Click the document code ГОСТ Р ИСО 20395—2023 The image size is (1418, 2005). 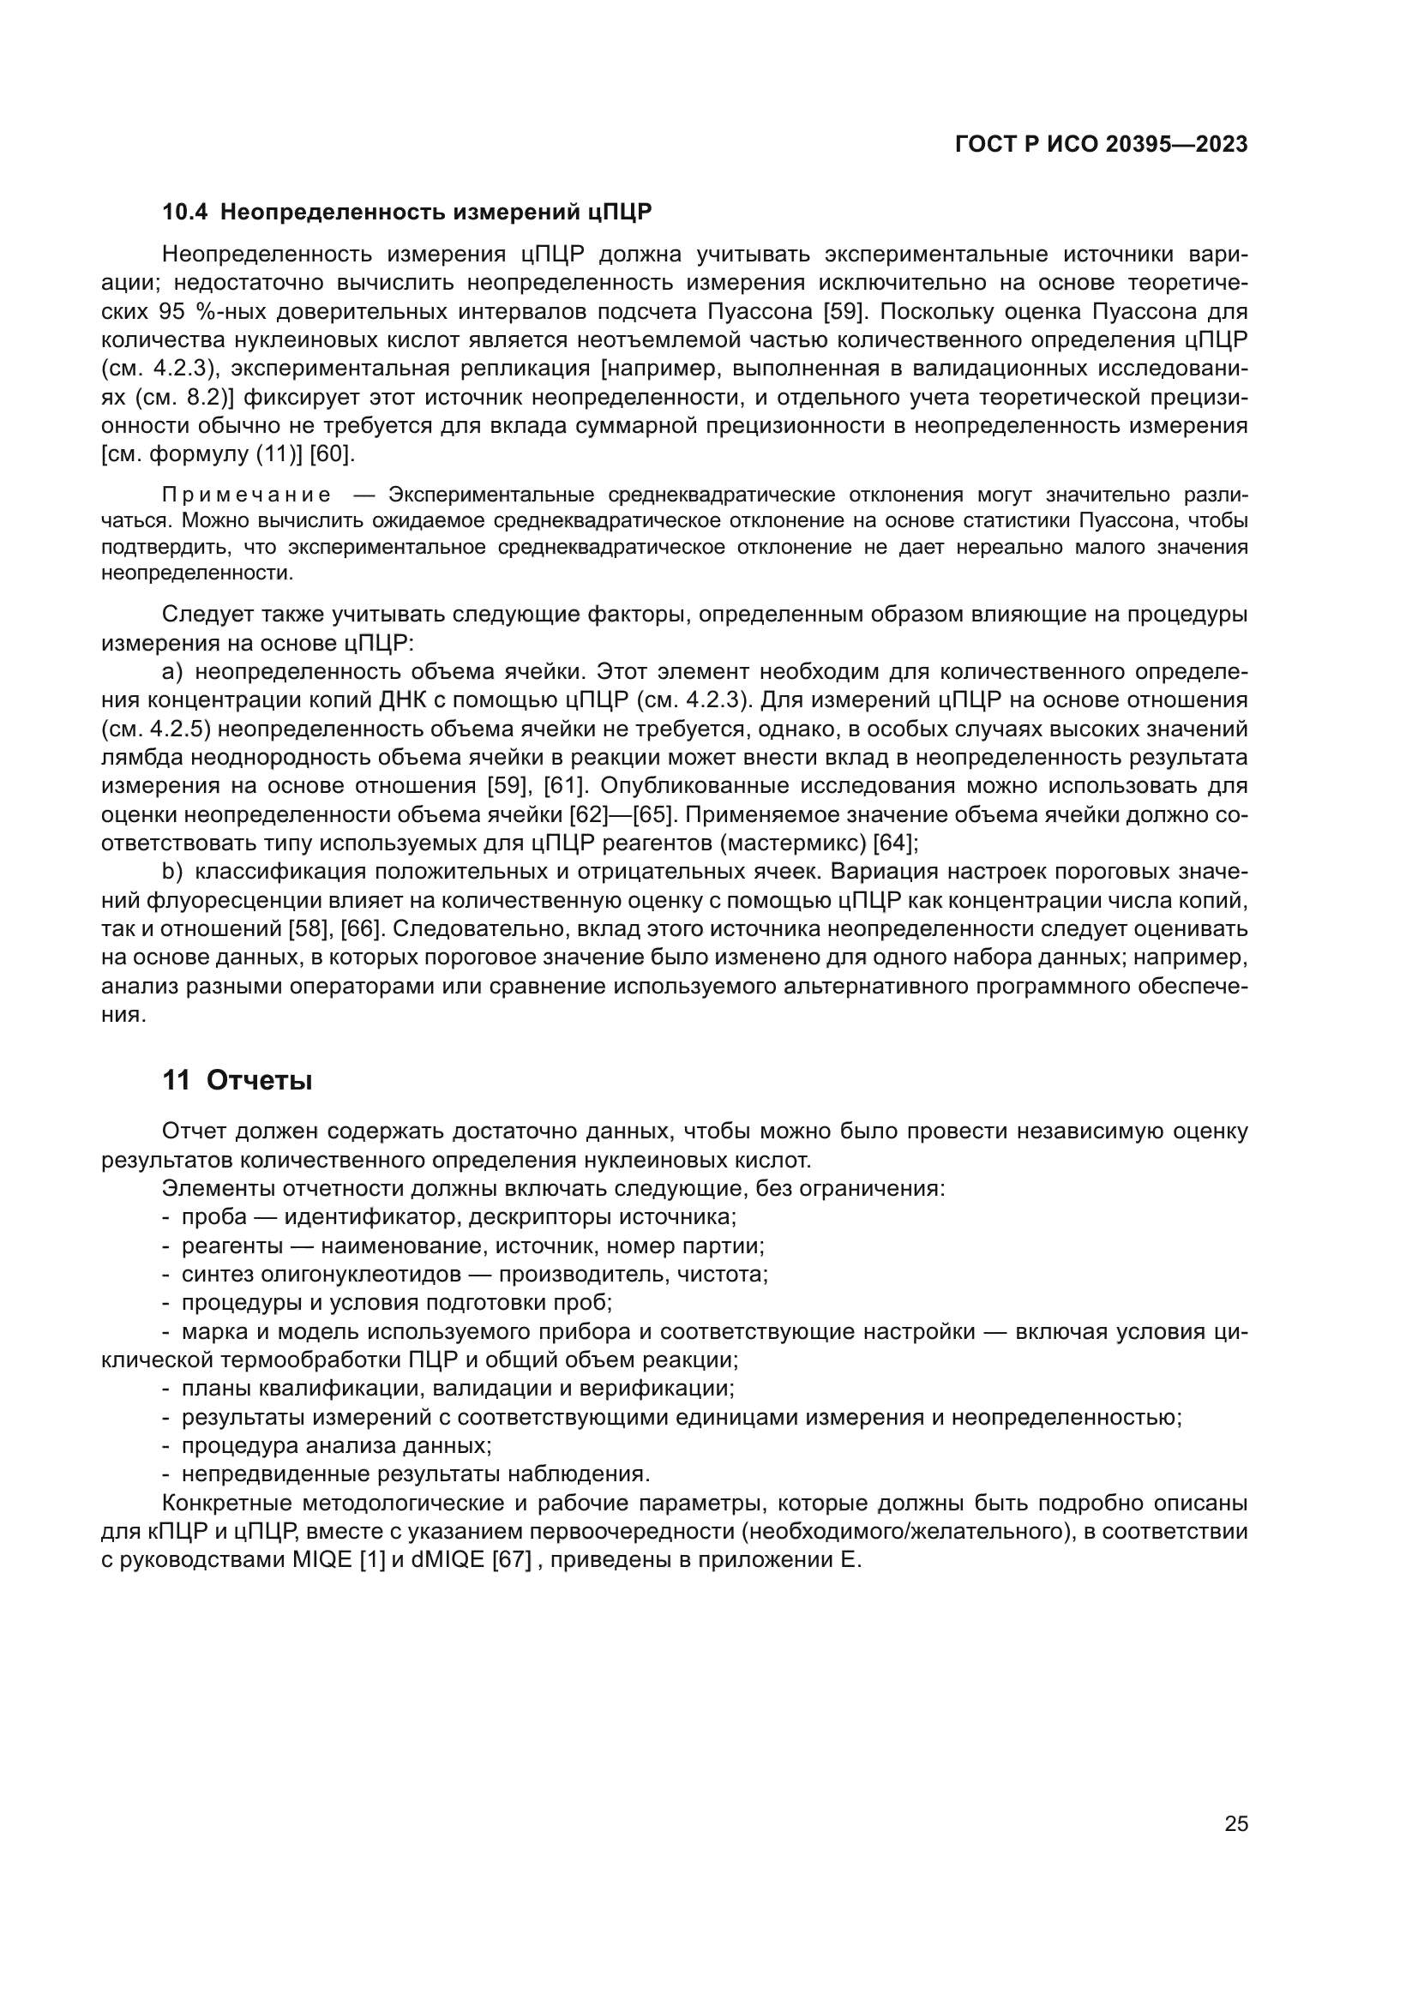pos(1101,145)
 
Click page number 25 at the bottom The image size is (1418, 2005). pos(1236,1823)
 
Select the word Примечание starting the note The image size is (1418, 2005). pos(246,495)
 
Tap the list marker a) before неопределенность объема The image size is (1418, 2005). pos(172,671)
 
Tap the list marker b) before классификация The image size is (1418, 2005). pos(172,873)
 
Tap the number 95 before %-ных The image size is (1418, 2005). pos(173,312)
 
